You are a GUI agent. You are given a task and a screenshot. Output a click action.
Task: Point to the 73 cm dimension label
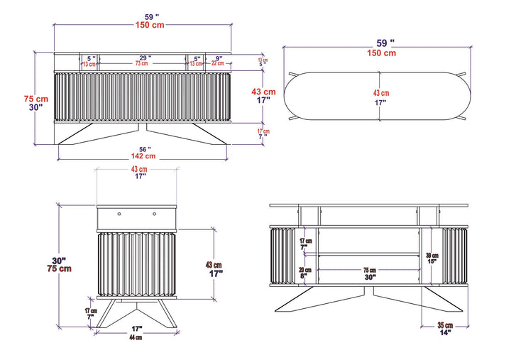click(142, 64)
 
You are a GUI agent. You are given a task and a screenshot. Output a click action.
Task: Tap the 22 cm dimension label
click(217, 64)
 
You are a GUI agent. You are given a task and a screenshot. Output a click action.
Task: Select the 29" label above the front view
click(144, 58)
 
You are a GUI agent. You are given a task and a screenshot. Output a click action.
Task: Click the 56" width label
click(144, 148)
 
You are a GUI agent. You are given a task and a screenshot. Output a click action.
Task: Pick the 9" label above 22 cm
click(219, 58)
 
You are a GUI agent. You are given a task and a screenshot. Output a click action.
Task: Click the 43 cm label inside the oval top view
click(381, 93)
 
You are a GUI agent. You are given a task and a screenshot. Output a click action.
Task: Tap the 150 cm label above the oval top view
click(381, 53)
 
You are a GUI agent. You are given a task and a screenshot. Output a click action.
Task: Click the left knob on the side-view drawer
click(119, 212)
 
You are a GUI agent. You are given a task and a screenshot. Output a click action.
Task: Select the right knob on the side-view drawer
click(154, 212)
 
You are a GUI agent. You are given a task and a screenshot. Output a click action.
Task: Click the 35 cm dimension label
click(444, 324)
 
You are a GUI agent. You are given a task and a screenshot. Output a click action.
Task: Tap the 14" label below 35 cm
click(445, 332)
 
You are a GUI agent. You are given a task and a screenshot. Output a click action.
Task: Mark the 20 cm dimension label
click(305, 270)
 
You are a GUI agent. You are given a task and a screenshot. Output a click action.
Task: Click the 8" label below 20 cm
click(305, 277)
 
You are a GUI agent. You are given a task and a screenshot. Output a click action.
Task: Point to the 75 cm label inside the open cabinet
click(370, 271)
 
